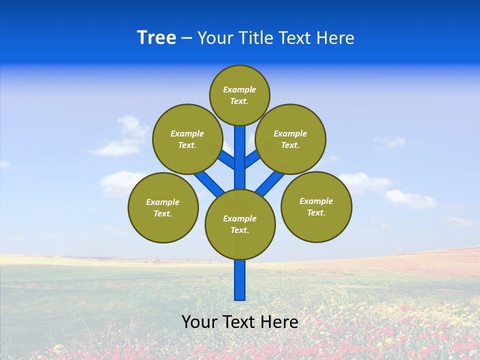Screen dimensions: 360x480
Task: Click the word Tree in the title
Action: pyautogui.click(x=156, y=37)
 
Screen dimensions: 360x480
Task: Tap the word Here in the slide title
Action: pyautogui.click(x=334, y=37)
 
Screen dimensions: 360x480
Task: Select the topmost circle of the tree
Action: pyautogui.click(x=239, y=95)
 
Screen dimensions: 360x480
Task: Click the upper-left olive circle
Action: pyautogui.click(x=187, y=139)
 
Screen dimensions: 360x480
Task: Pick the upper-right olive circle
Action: pyautogui.click(x=290, y=139)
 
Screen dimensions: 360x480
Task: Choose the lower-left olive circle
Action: pyautogui.click(x=163, y=207)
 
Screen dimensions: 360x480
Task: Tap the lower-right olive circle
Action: pyautogui.click(x=316, y=206)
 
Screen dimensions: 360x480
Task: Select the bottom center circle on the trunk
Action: pyautogui.click(x=240, y=224)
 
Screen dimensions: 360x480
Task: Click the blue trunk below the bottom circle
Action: pyautogui.click(x=240, y=280)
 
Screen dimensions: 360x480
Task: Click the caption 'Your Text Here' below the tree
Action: pyautogui.click(x=240, y=321)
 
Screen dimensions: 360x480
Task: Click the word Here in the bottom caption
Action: pyautogui.click(x=279, y=321)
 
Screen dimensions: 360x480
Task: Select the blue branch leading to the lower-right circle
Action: pyautogui.click(x=270, y=182)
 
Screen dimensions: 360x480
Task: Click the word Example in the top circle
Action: pyautogui.click(x=239, y=89)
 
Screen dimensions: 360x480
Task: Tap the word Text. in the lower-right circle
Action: pyautogui.click(x=316, y=212)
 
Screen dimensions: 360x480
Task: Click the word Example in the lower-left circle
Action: pyautogui.click(x=163, y=202)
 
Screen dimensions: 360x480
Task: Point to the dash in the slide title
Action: pyautogui.click(x=187, y=38)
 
